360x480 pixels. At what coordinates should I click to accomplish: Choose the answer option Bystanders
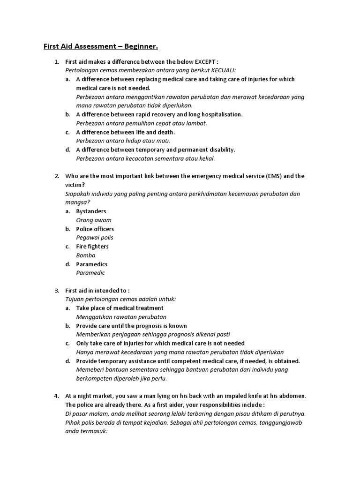point(91,211)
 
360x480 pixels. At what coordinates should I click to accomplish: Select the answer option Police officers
point(95,229)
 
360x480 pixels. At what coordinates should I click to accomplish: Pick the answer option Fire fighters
point(92,247)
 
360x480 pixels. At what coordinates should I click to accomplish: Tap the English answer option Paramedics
point(92,264)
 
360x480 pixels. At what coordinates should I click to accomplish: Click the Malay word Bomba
point(85,255)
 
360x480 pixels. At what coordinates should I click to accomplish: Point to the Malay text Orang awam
point(94,220)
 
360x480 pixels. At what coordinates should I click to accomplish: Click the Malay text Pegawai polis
point(95,238)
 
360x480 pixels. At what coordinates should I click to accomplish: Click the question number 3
point(56,291)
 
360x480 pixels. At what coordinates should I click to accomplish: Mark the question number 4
point(56,396)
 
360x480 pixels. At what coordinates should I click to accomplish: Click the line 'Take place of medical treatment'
point(120,308)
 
